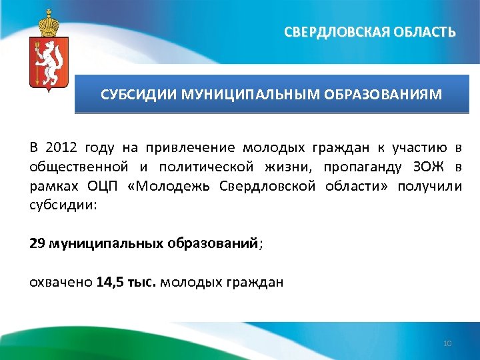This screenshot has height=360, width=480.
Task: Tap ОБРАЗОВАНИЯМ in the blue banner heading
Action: (384, 94)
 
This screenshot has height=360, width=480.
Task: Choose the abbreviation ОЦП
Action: (101, 185)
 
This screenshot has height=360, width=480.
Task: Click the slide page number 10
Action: (447, 343)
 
